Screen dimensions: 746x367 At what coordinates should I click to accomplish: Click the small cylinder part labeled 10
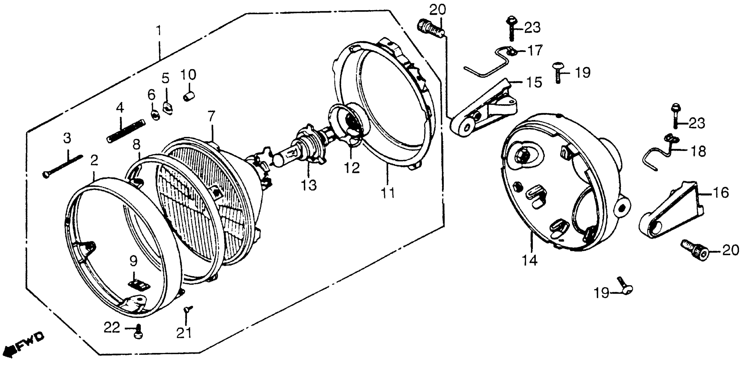click(189, 96)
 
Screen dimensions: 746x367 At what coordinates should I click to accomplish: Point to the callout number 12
click(352, 168)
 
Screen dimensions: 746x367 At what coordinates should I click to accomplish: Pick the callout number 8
click(136, 144)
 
